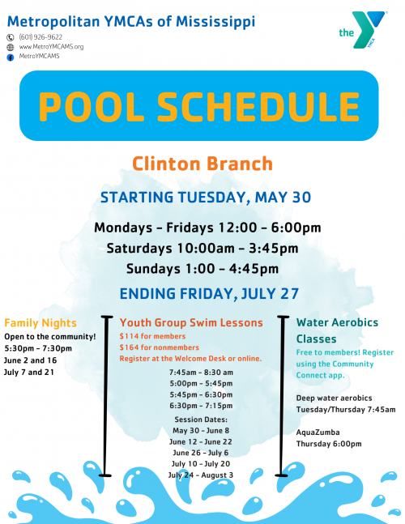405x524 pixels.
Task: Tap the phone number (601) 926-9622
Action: [41, 37]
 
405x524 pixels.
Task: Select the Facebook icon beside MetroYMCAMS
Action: [11, 57]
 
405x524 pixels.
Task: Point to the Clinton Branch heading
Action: [202, 164]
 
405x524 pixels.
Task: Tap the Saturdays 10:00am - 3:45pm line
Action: [202, 248]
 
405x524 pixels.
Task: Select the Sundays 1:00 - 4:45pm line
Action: [202, 269]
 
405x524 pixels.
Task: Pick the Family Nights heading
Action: [40, 322]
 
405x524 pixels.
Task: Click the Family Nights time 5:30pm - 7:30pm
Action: [38, 347]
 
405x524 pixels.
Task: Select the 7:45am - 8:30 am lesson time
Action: [200, 372]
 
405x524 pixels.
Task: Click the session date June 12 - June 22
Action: [200, 441]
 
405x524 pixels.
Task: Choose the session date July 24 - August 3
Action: [200, 475]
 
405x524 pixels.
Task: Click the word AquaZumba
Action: [318, 432]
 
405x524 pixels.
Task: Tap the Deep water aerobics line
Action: [335, 398]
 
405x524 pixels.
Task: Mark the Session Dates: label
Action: [200, 419]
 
